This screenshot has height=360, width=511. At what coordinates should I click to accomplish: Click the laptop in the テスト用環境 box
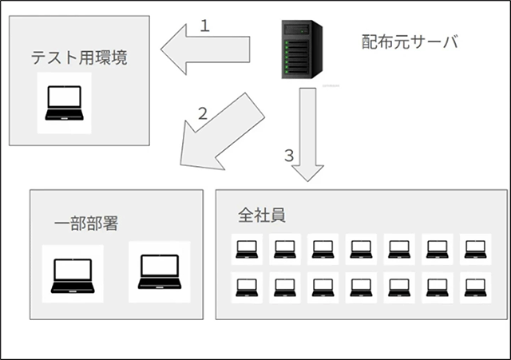coord(64,103)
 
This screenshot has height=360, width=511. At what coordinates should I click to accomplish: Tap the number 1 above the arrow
coord(204,26)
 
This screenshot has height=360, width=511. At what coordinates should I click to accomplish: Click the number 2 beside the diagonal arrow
coord(203,113)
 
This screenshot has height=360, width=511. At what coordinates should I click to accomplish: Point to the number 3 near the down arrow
coord(289,154)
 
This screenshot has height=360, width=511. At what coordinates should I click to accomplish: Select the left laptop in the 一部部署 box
coord(73,274)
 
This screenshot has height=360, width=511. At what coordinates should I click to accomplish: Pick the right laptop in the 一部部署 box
coord(159,271)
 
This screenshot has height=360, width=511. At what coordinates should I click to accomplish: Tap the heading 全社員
coord(261,216)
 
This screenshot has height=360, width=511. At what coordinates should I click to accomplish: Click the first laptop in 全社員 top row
coord(247,249)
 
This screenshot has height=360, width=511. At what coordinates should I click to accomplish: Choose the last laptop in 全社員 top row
coord(475,249)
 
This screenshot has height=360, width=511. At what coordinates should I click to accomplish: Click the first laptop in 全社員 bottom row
coord(247,287)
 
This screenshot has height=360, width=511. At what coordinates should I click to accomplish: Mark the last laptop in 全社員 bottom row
coord(475,287)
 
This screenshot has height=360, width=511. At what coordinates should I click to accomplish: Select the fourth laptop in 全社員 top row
coord(361,249)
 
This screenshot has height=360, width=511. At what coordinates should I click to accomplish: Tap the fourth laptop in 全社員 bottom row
coord(361,287)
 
